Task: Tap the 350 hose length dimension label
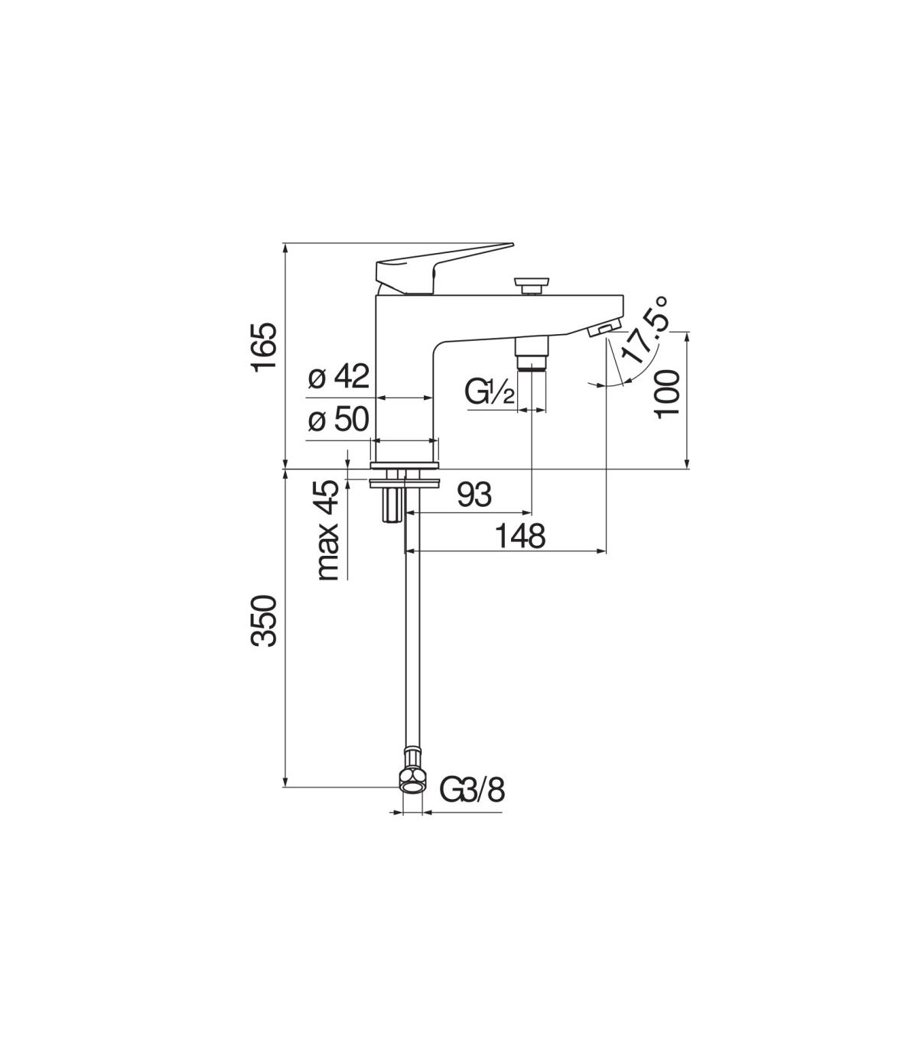pyautogui.click(x=265, y=620)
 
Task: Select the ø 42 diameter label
pyautogui.click(x=338, y=376)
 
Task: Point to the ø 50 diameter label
pyautogui.click(x=338, y=419)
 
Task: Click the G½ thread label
pyautogui.click(x=489, y=392)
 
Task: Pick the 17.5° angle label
pyautogui.click(x=644, y=331)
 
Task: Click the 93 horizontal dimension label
pyautogui.click(x=474, y=494)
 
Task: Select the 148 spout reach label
pyautogui.click(x=519, y=536)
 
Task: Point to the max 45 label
pyautogui.click(x=329, y=530)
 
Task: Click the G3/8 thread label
pyautogui.click(x=472, y=804)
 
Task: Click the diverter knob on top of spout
pyautogui.click(x=532, y=286)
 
